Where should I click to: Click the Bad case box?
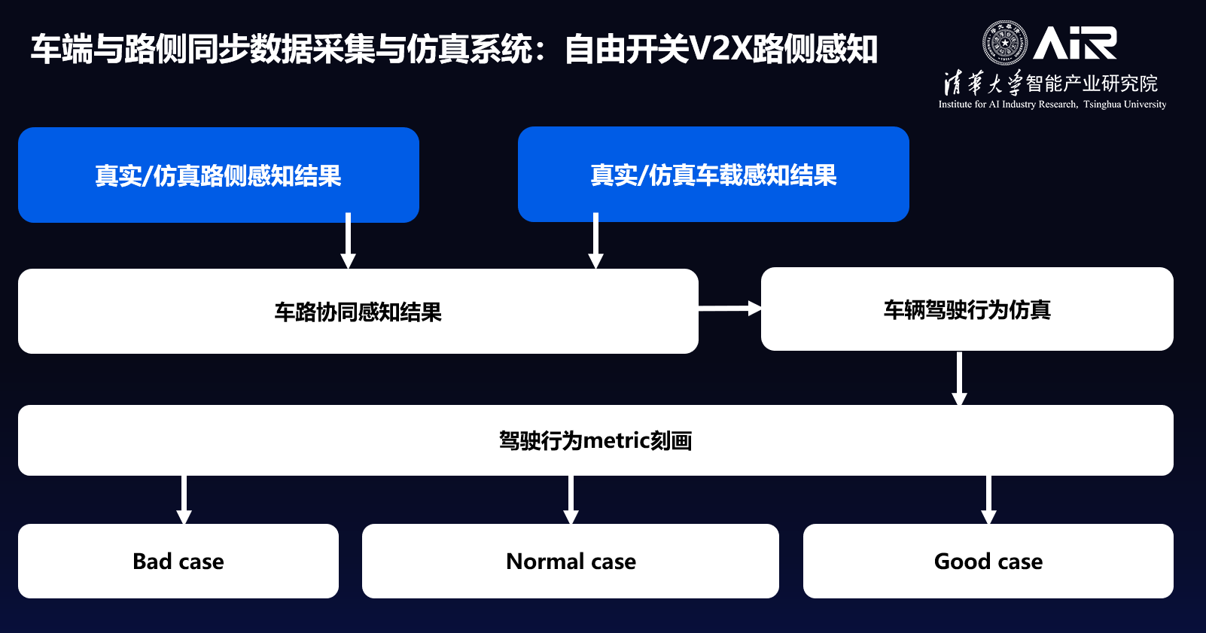[x=178, y=561]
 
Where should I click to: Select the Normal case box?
[x=571, y=561]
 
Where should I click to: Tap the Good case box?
[x=988, y=561]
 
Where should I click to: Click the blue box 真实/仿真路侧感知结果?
[x=218, y=175]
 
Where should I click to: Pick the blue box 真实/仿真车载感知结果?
[x=713, y=175]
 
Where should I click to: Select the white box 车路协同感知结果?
[x=358, y=312]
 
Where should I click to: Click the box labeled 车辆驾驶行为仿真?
[x=967, y=309]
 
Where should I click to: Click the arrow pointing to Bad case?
[x=184, y=500]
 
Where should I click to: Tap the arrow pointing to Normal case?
[x=571, y=500]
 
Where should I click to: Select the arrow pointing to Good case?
[x=988, y=500]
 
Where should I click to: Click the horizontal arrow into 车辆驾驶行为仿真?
[x=729, y=308]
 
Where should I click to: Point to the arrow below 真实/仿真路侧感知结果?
[x=348, y=240]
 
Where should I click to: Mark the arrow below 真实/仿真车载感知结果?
[x=595, y=240]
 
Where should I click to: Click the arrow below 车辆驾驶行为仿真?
[x=959, y=378]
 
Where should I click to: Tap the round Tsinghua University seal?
[x=1004, y=43]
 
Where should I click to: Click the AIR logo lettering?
[x=1075, y=43]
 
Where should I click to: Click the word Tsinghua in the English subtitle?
[x=1102, y=105]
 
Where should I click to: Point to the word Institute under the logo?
[x=955, y=105]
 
